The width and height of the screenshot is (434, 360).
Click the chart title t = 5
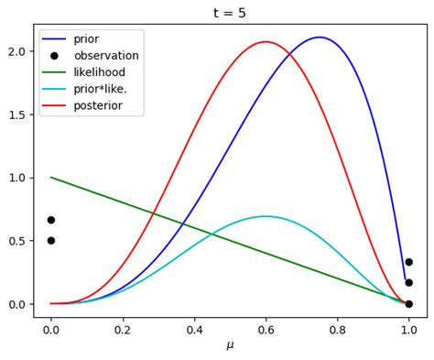(230, 13)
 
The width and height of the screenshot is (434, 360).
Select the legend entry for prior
(86, 39)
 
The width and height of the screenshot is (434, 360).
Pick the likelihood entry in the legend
(99, 72)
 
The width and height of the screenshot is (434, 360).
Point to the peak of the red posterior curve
(266, 41)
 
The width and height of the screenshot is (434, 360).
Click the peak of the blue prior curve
(319, 38)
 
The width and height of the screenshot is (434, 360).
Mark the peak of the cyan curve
(266, 216)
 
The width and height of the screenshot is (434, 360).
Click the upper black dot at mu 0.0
(51, 220)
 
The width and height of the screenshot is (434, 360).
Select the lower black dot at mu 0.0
(51, 241)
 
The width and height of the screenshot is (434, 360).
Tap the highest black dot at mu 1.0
(408, 262)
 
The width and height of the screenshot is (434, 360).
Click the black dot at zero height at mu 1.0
(408, 303)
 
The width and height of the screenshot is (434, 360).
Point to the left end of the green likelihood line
(51, 177)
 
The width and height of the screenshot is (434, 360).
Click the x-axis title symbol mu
(230, 345)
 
